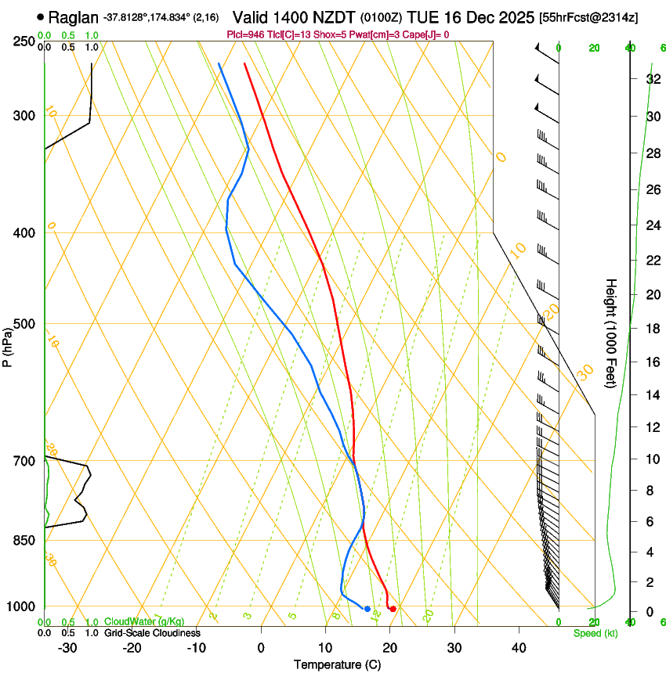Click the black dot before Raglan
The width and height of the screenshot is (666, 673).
(x=41, y=16)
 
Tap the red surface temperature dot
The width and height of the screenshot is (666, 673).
(x=393, y=608)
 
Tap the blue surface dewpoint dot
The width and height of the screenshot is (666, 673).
(x=367, y=608)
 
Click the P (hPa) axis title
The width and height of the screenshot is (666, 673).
(x=8, y=344)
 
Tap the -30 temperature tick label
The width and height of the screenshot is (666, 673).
(x=67, y=647)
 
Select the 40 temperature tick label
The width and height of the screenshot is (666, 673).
(x=518, y=647)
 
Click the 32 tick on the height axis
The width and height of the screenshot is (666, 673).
(x=652, y=78)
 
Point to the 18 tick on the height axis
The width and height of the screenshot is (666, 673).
(x=652, y=329)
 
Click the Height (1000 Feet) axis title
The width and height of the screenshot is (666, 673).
(x=611, y=333)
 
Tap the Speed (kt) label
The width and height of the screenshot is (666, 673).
(x=595, y=633)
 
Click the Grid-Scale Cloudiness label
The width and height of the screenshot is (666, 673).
(x=152, y=633)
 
